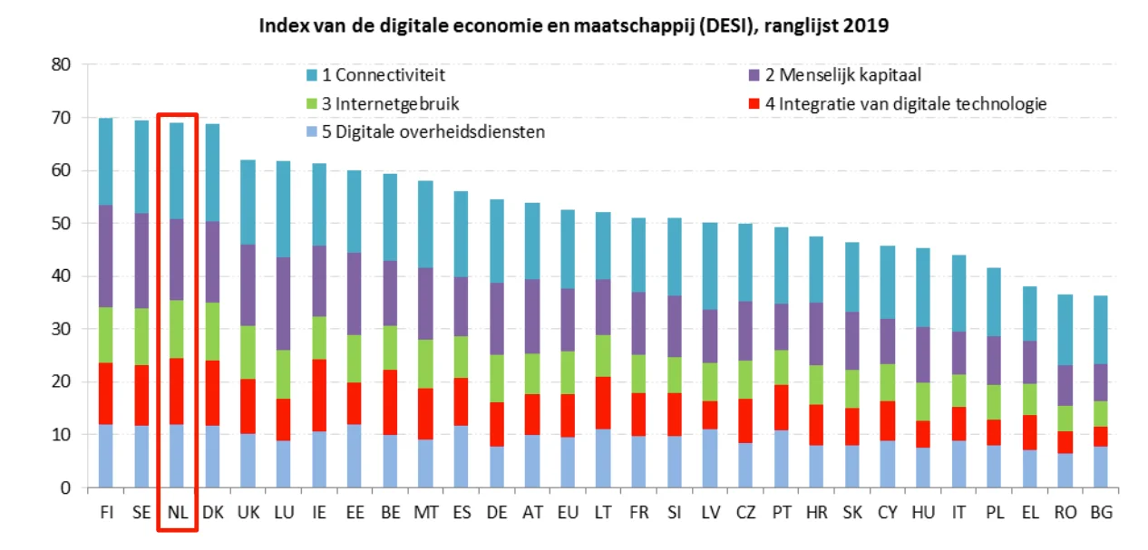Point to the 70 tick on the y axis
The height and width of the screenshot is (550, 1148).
coord(61,118)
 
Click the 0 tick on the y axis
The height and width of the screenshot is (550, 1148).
coord(65,488)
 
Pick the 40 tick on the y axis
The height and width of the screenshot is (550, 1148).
coord(61,276)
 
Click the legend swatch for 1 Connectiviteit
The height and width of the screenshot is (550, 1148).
coord(313,76)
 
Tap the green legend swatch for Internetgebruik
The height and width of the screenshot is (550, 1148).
coord(313,104)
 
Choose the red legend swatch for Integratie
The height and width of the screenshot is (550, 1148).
coord(754,104)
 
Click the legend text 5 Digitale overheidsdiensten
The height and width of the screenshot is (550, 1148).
coord(435,133)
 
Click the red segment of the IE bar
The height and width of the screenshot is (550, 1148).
coord(318,395)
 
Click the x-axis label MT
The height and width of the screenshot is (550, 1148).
coord(426,512)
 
